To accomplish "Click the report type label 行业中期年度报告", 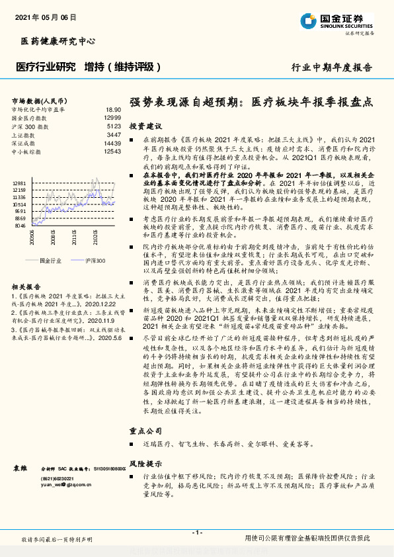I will click(x=332, y=67).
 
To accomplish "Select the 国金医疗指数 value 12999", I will click(x=112, y=117).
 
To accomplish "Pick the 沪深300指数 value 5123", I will click(x=114, y=126).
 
